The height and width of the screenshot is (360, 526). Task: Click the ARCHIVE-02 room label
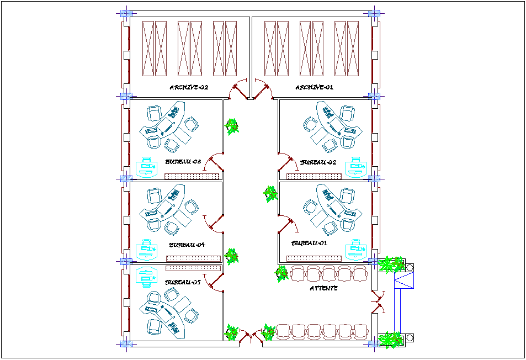pos(189,87)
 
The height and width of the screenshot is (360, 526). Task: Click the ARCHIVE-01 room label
pos(314,87)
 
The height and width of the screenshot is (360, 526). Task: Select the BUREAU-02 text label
pos(318,163)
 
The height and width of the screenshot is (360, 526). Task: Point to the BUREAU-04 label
pos(187,245)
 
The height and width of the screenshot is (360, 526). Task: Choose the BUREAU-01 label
pos(309,243)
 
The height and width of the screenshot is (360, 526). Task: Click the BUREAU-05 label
pos(182,282)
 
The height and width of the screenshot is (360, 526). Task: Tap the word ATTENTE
pos(323,288)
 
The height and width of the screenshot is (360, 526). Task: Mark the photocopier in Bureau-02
pos(356,167)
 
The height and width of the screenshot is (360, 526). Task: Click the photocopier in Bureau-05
pos(145,277)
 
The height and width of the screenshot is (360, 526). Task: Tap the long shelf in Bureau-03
pos(192,177)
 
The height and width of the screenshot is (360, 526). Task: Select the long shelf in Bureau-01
pos(312,258)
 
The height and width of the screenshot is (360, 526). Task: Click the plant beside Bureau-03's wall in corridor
pos(232,126)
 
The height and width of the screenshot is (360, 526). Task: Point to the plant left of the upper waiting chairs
pos(281,273)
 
